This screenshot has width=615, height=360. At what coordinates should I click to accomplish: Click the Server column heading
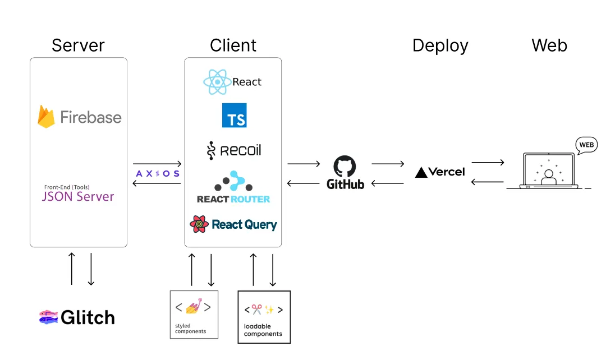click(78, 45)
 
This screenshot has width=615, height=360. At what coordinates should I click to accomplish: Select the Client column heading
click(233, 45)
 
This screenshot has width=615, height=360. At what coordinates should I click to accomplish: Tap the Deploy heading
click(440, 45)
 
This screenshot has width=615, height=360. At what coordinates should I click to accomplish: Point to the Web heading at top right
click(549, 45)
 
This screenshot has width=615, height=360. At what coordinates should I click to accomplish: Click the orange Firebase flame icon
click(46, 116)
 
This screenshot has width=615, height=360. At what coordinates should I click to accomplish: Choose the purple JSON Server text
click(78, 197)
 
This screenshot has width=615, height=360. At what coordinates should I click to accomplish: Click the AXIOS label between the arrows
click(158, 174)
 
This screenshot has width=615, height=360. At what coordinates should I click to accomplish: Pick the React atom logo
click(217, 82)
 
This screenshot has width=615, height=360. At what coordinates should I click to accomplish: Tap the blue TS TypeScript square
click(234, 115)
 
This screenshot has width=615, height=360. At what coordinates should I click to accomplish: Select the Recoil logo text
click(240, 150)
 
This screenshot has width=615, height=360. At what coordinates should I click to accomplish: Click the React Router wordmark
click(233, 199)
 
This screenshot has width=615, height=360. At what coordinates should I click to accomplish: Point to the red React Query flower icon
click(199, 224)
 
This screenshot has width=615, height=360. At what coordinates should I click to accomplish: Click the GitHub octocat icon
click(345, 167)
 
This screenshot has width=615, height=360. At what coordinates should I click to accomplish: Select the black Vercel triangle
click(421, 172)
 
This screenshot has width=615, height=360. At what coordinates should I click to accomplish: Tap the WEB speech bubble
click(586, 145)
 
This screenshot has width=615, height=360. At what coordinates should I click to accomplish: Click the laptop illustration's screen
click(548, 170)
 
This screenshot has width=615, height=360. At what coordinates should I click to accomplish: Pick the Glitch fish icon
click(48, 317)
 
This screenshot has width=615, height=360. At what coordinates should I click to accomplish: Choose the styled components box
click(194, 314)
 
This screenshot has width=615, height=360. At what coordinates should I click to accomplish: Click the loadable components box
click(264, 316)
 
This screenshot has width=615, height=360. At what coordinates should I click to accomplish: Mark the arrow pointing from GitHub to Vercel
click(388, 164)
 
